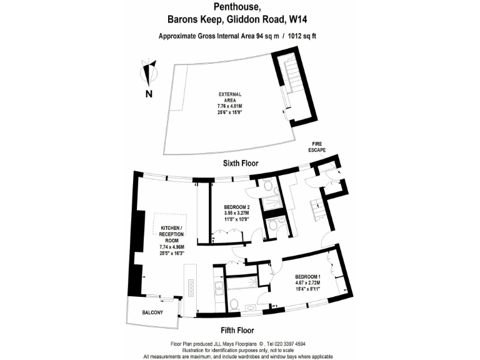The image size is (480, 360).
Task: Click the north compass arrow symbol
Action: pos(149,72)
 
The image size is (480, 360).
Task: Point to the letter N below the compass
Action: pos(149,94)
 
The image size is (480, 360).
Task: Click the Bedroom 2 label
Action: pos(237,207)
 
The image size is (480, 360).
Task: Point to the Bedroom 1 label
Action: pos(307,276)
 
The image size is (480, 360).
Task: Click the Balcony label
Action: pos(152,312)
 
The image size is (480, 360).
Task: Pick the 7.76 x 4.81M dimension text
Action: pos(229,107)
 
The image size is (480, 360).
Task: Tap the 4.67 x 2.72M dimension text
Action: pos(307,283)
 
